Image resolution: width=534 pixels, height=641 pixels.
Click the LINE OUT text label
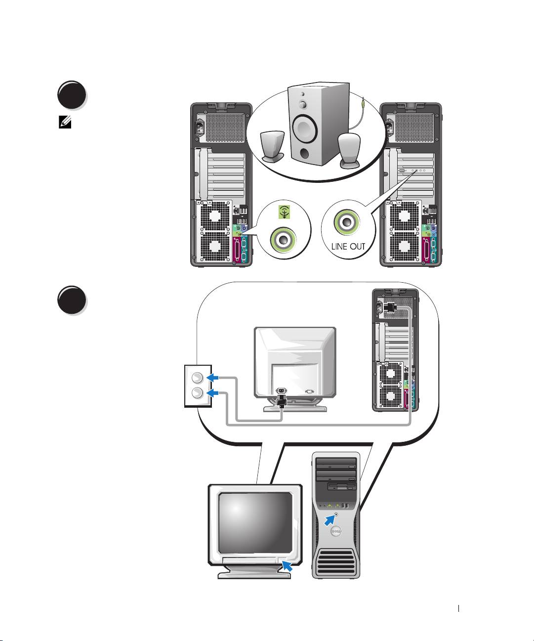pos(348,246)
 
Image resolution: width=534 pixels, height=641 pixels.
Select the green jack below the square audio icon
pos(284,240)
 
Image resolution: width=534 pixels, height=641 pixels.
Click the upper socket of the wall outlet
pos(197,379)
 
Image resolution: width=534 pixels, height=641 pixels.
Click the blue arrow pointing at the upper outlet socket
pos(213,378)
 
